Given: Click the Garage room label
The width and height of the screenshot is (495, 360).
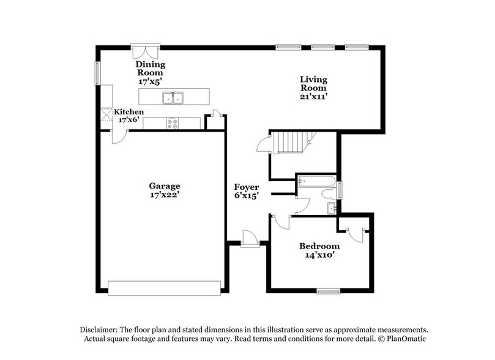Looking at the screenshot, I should click(165, 186).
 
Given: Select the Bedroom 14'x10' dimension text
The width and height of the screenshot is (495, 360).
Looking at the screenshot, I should click(319, 256).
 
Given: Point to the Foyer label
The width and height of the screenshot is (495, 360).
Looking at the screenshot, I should click(246, 187).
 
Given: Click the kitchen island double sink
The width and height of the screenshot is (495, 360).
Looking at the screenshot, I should click(174, 97).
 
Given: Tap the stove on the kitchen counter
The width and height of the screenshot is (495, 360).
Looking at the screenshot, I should click(173, 123).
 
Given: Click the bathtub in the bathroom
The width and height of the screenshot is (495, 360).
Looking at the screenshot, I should click(316, 181).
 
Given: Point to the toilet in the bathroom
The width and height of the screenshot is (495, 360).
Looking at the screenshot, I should click(329, 193).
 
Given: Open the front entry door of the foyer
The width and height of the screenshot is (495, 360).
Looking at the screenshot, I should click(249, 239).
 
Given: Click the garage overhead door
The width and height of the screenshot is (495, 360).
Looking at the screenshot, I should click(164, 288).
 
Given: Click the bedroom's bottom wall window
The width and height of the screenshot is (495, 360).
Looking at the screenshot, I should click(328, 291).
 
